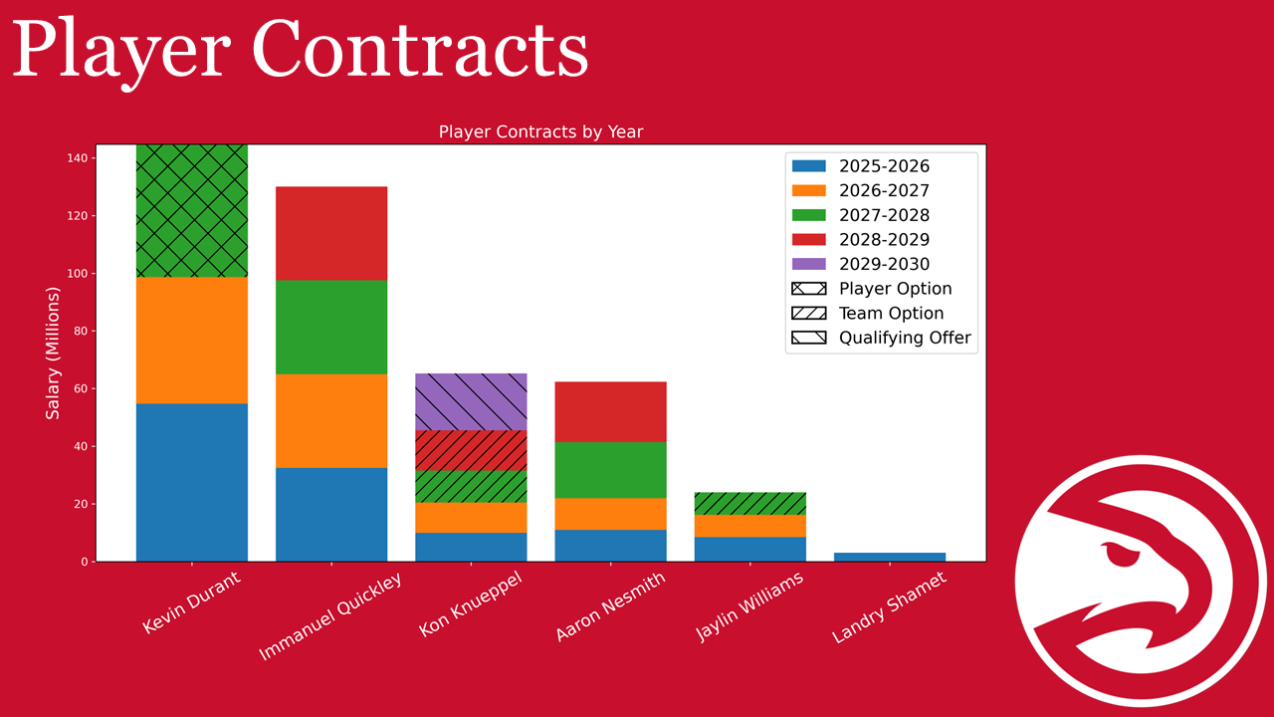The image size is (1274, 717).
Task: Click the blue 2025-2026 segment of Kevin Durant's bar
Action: click(191, 482)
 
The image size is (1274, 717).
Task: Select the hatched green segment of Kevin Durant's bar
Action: click(191, 210)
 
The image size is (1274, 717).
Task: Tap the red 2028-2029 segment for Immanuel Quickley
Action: click(331, 233)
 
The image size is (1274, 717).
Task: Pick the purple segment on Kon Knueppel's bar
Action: click(471, 402)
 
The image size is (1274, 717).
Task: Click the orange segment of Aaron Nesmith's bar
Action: click(610, 514)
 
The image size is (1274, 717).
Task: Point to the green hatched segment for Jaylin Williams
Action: click(749, 503)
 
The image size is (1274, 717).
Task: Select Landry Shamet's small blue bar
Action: click(889, 557)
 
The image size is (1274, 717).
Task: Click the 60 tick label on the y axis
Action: click(79, 388)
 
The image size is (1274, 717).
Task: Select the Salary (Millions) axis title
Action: click(53, 353)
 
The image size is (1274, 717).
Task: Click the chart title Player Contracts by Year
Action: click(540, 131)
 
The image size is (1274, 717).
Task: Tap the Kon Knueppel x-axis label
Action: click(470, 603)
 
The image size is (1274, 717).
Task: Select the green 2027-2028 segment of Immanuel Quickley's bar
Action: click(331, 327)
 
